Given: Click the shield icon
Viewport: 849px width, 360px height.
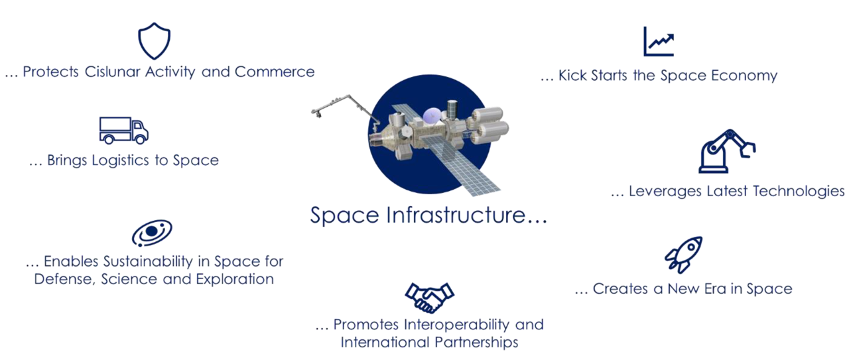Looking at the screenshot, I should [154, 41].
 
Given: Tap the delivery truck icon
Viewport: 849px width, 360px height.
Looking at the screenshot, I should [123, 130].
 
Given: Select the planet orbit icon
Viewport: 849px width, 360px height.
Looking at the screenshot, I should [152, 233].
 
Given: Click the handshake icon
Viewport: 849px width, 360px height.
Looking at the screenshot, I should [429, 296].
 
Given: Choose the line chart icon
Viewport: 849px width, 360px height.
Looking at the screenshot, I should [659, 42].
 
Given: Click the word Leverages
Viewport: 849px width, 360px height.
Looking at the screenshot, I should [664, 192].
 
